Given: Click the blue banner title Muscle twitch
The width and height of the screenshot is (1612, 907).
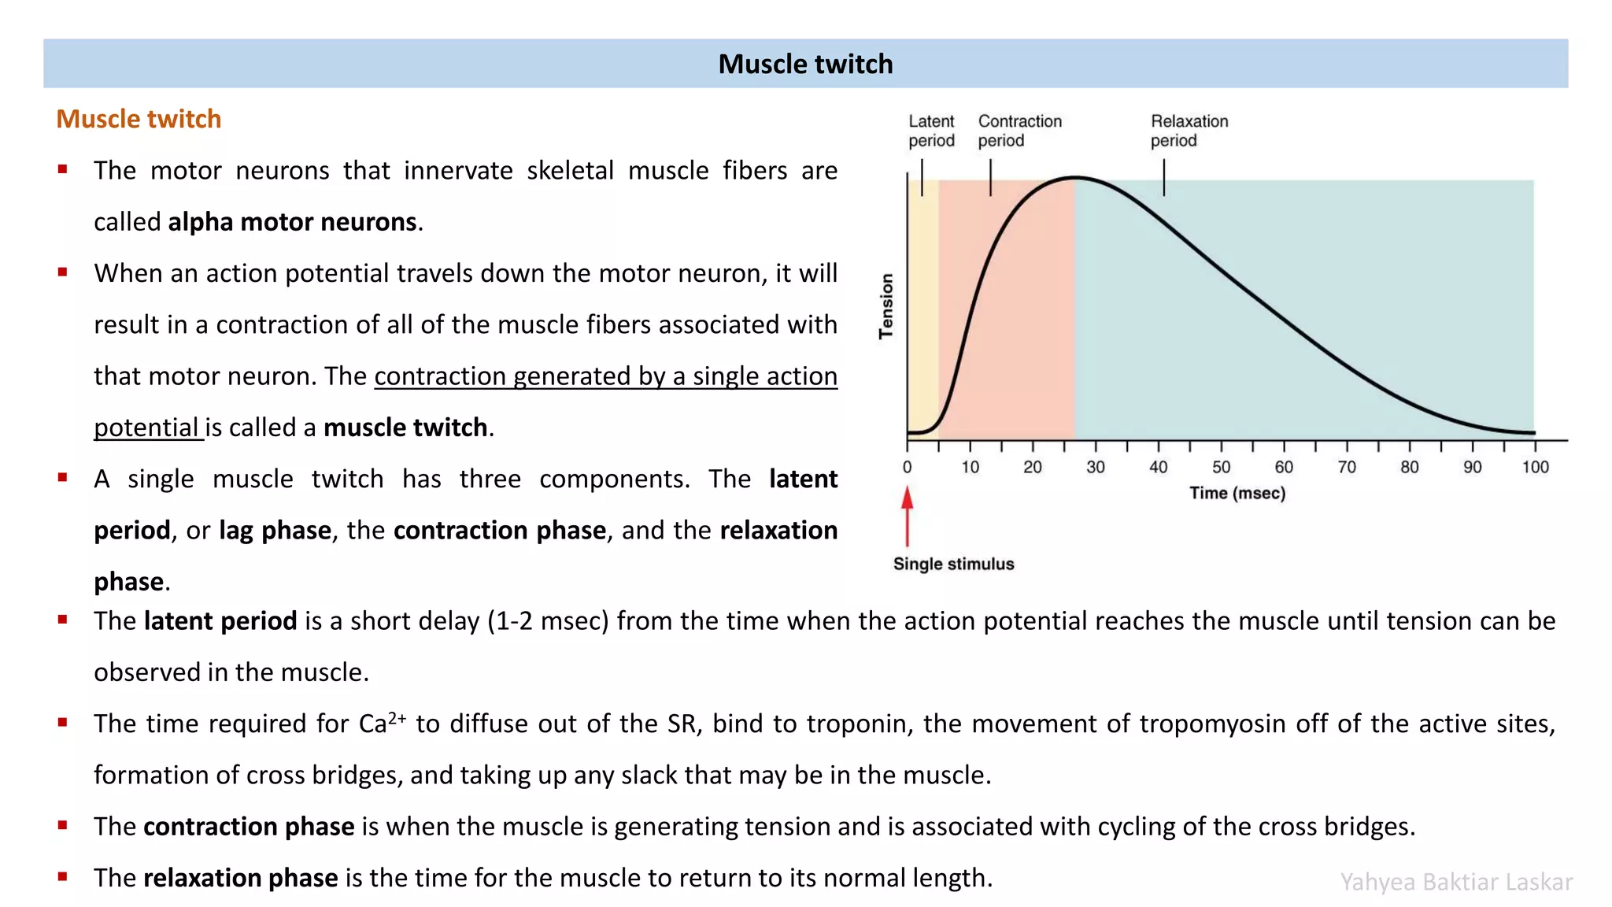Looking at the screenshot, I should click(x=805, y=64).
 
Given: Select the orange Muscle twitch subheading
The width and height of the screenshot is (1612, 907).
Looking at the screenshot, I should click(x=139, y=119).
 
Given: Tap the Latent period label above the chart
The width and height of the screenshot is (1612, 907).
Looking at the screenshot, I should click(x=930, y=131).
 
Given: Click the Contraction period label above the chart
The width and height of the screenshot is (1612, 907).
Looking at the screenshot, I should click(x=1019, y=131).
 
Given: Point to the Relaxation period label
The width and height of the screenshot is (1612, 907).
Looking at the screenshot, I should click(x=1189, y=131).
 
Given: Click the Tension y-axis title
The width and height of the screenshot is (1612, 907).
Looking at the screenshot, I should click(x=887, y=306).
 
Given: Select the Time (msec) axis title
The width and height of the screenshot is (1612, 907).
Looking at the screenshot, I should click(x=1237, y=494).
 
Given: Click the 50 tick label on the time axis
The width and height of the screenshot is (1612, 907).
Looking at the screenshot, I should click(x=1221, y=468).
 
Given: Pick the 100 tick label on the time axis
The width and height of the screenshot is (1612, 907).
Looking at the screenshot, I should click(x=1534, y=468).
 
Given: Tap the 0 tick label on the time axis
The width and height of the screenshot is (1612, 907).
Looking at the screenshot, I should click(x=907, y=468).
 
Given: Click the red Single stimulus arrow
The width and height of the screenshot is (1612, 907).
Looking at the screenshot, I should click(x=907, y=515).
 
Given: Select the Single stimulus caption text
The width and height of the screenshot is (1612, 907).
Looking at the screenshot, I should click(x=953, y=565).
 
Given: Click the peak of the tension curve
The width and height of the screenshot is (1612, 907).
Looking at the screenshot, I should click(x=1075, y=178).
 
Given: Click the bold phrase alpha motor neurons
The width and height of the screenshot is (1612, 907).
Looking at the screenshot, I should click(x=292, y=222).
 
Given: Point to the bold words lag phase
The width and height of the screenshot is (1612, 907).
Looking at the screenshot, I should click(x=275, y=531).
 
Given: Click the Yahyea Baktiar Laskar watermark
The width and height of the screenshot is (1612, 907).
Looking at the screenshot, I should click(x=1456, y=882).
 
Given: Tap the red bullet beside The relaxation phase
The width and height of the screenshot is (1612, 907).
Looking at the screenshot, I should click(x=62, y=876).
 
